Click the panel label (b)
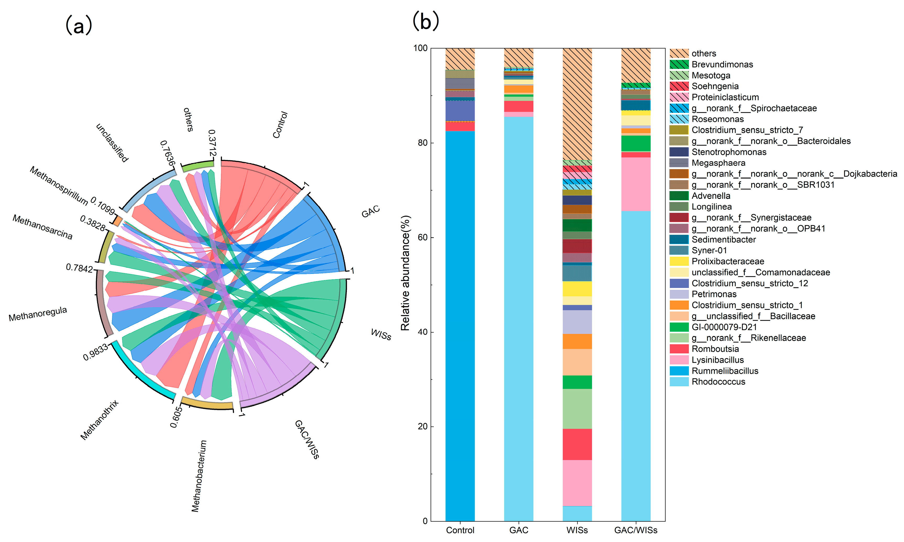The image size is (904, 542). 425,21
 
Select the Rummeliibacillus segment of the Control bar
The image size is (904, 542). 460,325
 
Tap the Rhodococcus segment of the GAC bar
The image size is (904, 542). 518,318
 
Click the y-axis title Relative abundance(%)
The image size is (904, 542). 405,273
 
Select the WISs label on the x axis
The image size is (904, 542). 577,530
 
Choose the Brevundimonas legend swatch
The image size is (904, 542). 679,65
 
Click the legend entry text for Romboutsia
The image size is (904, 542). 715,349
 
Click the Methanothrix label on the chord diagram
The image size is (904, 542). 99,420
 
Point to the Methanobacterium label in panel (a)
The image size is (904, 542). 199,475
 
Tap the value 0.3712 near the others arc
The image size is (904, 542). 212,143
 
